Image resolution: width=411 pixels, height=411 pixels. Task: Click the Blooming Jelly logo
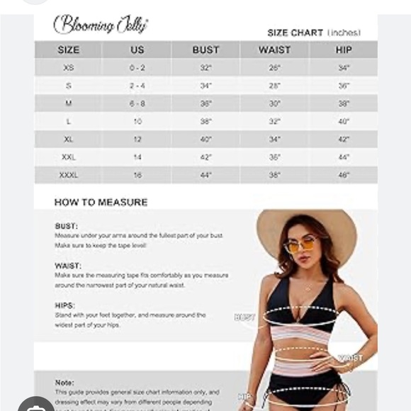pyautogui.click(x=101, y=25)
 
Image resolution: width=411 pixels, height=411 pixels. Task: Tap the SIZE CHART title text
pyautogui.click(x=313, y=33)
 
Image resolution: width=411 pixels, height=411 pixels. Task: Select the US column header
pyautogui.click(x=137, y=50)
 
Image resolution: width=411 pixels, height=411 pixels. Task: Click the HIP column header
pyautogui.click(x=344, y=50)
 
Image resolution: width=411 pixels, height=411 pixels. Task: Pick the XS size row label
pyautogui.click(x=68, y=68)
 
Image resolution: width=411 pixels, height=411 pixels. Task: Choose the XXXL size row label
pyautogui.click(x=68, y=175)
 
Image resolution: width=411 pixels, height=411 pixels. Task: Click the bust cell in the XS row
pyautogui.click(x=205, y=68)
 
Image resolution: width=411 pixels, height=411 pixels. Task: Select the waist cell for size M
pyautogui.click(x=275, y=103)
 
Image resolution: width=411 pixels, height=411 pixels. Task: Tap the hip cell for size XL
pyautogui.click(x=344, y=140)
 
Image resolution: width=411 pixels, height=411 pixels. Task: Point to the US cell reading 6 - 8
pyautogui.click(x=137, y=103)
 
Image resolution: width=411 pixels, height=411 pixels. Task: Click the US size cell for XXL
pyautogui.click(x=137, y=157)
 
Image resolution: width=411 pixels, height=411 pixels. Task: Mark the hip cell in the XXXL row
pyautogui.click(x=344, y=175)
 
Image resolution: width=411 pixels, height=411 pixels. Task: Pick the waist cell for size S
pyautogui.click(x=275, y=86)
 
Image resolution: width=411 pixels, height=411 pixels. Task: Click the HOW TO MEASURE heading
pyautogui.click(x=101, y=203)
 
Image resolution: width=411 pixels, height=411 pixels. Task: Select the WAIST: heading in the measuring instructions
pyautogui.click(x=67, y=266)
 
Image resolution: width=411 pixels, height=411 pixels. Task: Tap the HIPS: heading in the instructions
pyautogui.click(x=65, y=305)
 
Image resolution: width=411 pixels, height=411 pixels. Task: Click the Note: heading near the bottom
pyautogui.click(x=64, y=383)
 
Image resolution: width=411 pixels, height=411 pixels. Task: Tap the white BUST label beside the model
pyautogui.click(x=245, y=317)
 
